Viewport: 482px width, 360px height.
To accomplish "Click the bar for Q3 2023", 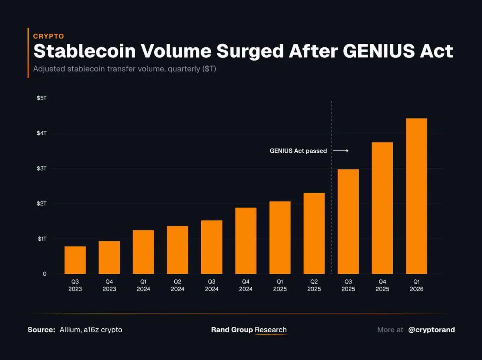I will (x=75, y=260).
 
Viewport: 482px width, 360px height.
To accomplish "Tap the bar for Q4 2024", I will (x=246, y=241).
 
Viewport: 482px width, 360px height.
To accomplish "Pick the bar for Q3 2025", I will (x=348, y=222).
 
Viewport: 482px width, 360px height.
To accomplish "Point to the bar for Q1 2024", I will (x=143, y=252).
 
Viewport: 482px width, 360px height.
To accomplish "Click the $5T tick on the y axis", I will (x=42, y=98).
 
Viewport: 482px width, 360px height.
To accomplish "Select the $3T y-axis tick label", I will (x=42, y=168).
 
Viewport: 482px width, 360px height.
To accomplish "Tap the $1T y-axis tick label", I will (x=42, y=239).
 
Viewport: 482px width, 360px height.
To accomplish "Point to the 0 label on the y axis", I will (x=45, y=274).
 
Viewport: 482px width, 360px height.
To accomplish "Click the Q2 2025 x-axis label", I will (x=314, y=285).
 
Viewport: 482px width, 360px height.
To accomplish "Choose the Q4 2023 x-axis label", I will (x=109, y=285).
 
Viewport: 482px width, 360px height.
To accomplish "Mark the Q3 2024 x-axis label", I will (x=212, y=285).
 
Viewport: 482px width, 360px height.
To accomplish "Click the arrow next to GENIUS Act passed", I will (x=341, y=151).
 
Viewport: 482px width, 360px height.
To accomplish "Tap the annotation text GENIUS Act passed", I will (x=298, y=151).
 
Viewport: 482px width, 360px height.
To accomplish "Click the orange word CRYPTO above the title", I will (x=48, y=36).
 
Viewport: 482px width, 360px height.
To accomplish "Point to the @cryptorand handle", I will (x=431, y=330).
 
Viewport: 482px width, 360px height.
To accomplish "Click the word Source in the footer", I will (x=41, y=330).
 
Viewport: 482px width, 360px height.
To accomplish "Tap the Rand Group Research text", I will (x=249, y=330).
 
